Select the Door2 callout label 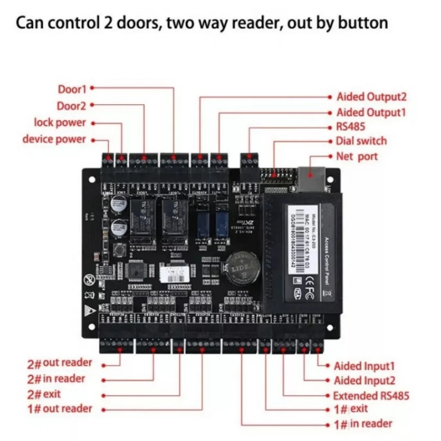point(71,106)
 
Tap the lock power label point(60,122)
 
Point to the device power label point(54,139)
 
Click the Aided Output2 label point(371,97)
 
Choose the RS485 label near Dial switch point(350,127)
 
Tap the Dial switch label point(361,141)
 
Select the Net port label point(357,156)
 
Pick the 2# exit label point(44,394)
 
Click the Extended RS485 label point(371,396)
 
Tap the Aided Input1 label point(364,366)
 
